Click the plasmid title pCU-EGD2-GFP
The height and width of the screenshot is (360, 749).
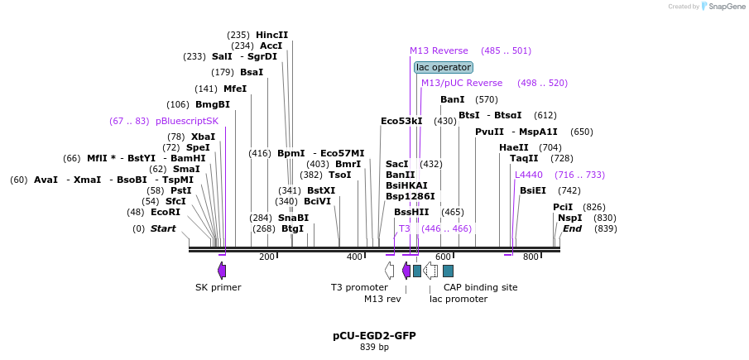point(374,336)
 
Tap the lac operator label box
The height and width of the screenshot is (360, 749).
point(444,67)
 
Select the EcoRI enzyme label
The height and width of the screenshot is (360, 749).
point(165,212)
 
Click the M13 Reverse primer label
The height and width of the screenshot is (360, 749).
point(439,50)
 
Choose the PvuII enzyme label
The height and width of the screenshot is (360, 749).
point(489,132)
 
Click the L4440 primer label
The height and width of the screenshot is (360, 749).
point(529,175)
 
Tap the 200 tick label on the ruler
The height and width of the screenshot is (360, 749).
point(266,257)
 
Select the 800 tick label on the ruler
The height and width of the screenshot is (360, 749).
point(531,257)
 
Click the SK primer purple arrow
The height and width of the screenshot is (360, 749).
point(222,271)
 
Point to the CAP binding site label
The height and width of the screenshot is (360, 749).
point(480,287)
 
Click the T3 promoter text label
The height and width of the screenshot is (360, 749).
point(359,287)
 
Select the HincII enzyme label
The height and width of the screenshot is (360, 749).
point(271,35)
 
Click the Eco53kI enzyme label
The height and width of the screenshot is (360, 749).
point(401,121)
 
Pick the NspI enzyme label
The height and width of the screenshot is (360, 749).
point(570,218)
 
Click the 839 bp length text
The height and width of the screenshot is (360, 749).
point(374,348)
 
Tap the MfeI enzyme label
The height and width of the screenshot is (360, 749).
point(235,89)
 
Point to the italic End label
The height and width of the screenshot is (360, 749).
point(573,228)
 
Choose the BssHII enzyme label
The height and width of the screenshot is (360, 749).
point(411,212)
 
